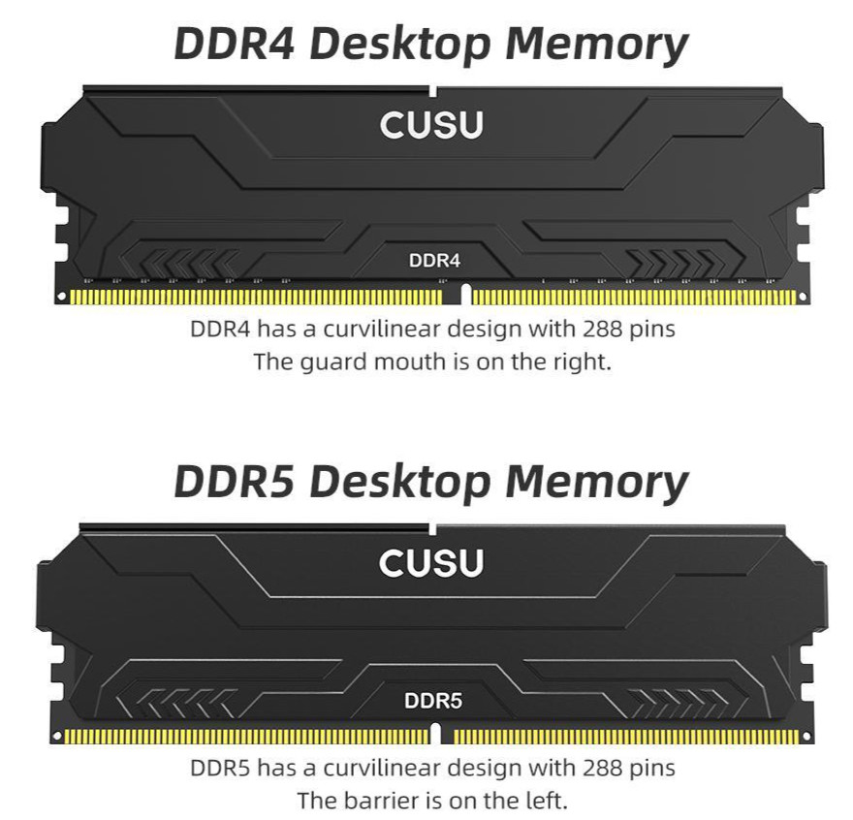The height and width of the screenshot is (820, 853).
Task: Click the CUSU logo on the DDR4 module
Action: [x=430, y=125]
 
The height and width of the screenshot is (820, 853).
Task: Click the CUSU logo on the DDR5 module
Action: [x=430, y=563]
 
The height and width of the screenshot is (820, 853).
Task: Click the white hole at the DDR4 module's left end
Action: [x=60, y=297]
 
